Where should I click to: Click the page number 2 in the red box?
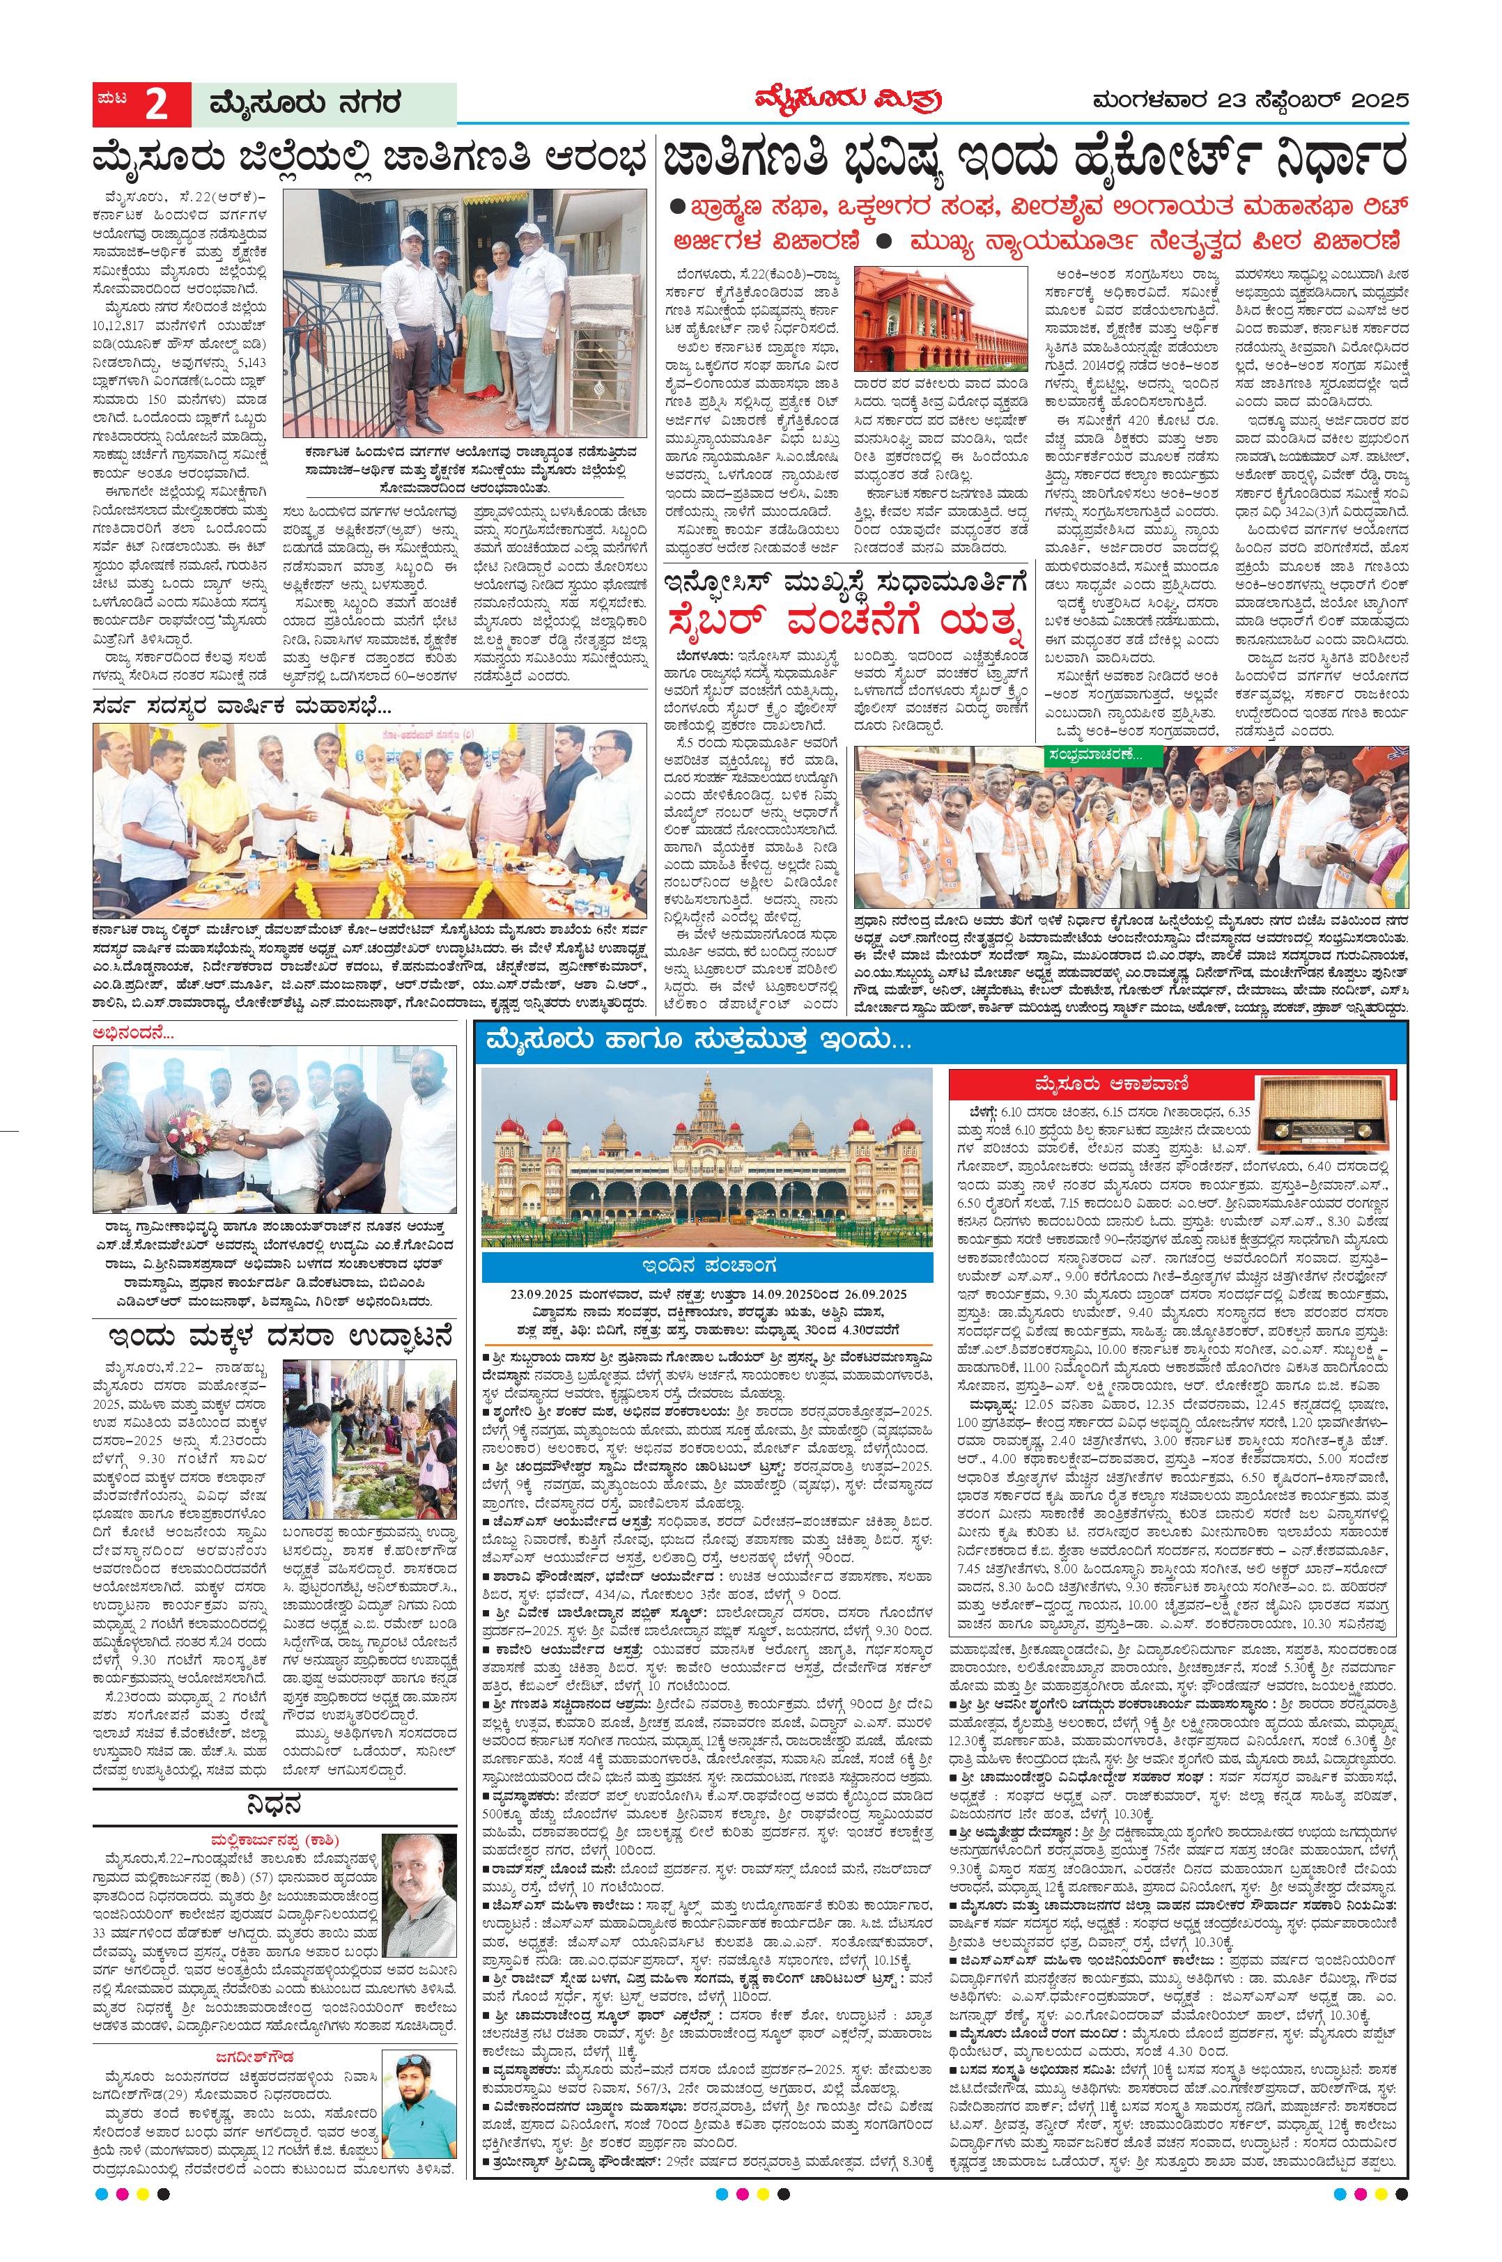155,104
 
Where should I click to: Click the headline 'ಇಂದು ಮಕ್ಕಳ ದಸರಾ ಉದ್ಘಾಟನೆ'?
274,1335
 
